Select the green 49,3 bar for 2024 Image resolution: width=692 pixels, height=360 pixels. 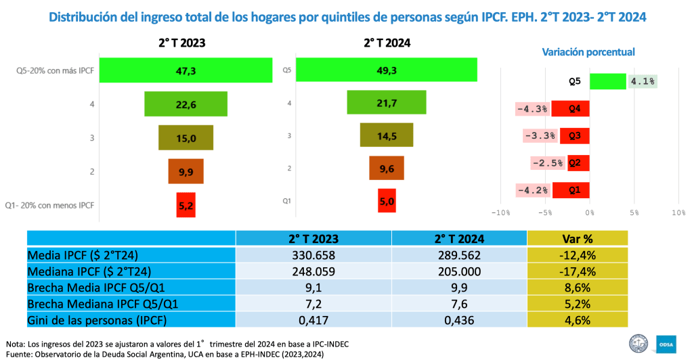tap(386, 70)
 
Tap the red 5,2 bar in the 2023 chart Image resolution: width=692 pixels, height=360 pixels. tap(186, 204)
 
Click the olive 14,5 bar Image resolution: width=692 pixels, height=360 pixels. tap(387, 135)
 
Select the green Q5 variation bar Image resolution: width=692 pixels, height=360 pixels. tap(607, 81)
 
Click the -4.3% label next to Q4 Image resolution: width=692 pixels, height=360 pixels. tap(532, 108)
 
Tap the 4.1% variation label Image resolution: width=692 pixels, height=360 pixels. tap(643, 81)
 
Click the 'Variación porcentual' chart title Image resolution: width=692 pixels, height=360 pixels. tap(588, 51)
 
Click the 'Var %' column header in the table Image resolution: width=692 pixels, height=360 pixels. tap(578, 239)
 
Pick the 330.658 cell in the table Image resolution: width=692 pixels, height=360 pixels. tap(313, 255)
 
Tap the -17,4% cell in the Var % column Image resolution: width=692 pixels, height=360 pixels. tap(578, 271)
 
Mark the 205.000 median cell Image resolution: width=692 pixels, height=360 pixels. tap(459, 271)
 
